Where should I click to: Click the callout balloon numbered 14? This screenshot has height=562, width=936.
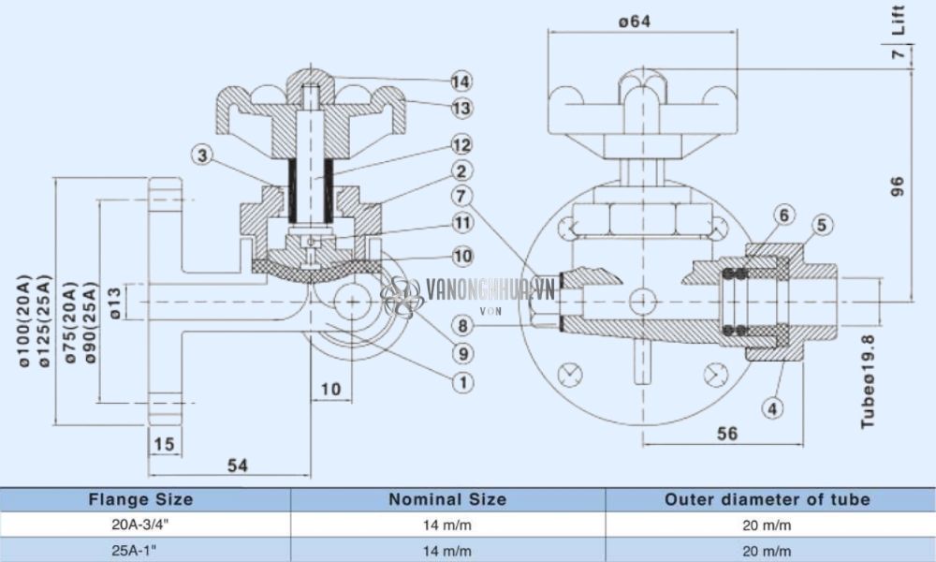pyautogui.click(x=460, y=81)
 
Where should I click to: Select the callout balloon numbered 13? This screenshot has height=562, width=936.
pyautogui.click(x=460, y=109)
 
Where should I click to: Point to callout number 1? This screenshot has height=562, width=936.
pyautogui.click(x=460, y=381)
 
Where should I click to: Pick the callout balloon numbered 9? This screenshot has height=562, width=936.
pyautogui.click(x=460, y=353)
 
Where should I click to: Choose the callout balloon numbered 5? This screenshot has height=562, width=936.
pyautogui.click(x=821, y=225)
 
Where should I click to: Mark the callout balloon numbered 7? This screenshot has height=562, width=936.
pyautogui.click(x=460, y=197)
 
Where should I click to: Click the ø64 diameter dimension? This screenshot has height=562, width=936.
pyautogui.click(x=634, y=21)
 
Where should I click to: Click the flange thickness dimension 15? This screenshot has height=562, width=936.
pyautogui.click(x=164, y=444)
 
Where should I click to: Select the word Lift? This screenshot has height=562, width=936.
pyautogui.click(x=899, y=19)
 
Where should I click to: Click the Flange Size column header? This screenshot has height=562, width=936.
pyautogui.click(x=140, y=499)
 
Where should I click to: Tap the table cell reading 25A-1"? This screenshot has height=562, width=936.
pyautogui.click(x=140, y=550)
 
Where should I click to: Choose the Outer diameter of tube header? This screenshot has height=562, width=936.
pyautogui.click(x=768, y=499)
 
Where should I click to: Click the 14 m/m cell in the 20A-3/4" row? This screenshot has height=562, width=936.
pyautogui.click(x=447, y=525)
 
